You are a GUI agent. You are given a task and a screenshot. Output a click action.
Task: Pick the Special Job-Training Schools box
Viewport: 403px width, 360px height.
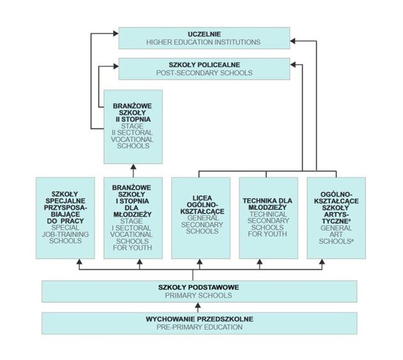tap(65, 217)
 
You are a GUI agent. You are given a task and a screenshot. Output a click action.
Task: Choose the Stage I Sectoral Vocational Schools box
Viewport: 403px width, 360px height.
tap(133, 217)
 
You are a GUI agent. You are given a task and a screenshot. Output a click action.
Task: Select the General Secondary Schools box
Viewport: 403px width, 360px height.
tap(201, 217)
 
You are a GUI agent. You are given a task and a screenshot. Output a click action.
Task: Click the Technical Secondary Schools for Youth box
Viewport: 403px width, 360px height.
tap(268, 217)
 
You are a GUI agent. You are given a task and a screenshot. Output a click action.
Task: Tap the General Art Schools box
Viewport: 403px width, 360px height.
tap(336, 217)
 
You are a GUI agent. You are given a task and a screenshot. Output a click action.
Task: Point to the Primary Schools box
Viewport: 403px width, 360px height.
tap(199, 291)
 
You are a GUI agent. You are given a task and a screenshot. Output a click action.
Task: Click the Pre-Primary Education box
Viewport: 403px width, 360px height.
tap(199, 322)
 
